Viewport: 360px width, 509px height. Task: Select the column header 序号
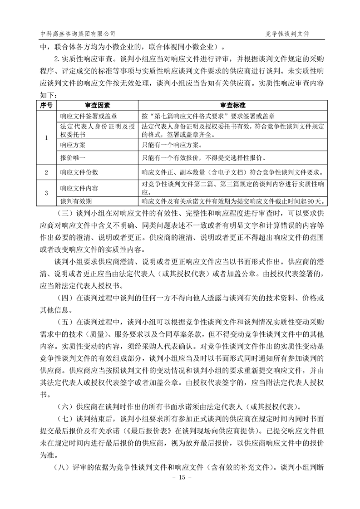pyautogui.click(x=46, y=105)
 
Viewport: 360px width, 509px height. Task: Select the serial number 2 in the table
pyautogui.click(x=46, y=172)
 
